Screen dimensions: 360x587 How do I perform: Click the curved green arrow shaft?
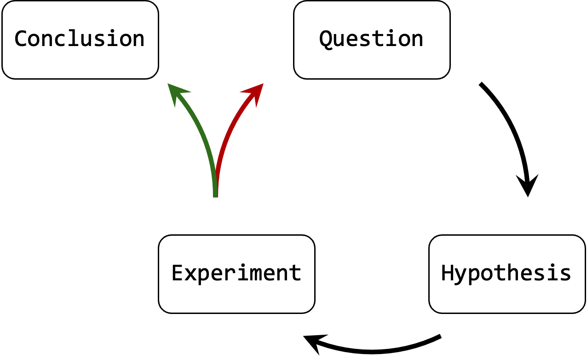[x=203, y=138]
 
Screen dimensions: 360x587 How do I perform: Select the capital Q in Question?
[x=326, y=39]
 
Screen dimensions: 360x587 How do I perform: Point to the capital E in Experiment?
[x=178, y=273]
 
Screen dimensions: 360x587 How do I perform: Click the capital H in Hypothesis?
[x=448, y=273]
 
